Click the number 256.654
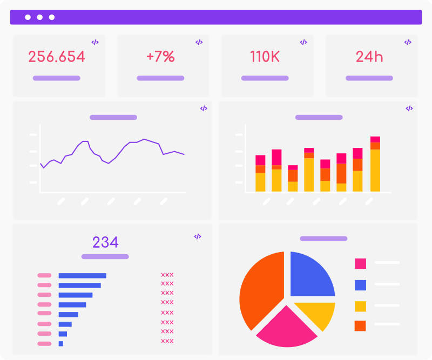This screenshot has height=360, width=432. (57, 57)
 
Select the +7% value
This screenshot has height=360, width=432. (160, 57)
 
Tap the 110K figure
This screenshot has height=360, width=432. (265, 57)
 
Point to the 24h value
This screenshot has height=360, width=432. (369, 57)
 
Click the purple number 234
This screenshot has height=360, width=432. (105, 242)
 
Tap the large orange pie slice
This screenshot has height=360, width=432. (259, 289)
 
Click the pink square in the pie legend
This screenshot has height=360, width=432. (360, 263)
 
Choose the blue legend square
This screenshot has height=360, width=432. (360, 285)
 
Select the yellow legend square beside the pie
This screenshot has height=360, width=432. (360, 306)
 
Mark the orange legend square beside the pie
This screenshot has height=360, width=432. (360, 326)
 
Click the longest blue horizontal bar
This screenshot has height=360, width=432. (82, 275)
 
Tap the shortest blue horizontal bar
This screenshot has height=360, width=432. (61, 343)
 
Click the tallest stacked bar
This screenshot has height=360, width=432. (375, 165)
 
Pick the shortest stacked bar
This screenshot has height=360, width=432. (293, 179)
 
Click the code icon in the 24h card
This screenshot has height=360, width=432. (407, 42)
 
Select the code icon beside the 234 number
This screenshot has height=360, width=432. (198, 236)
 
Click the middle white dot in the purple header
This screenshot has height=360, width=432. (40, 17)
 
